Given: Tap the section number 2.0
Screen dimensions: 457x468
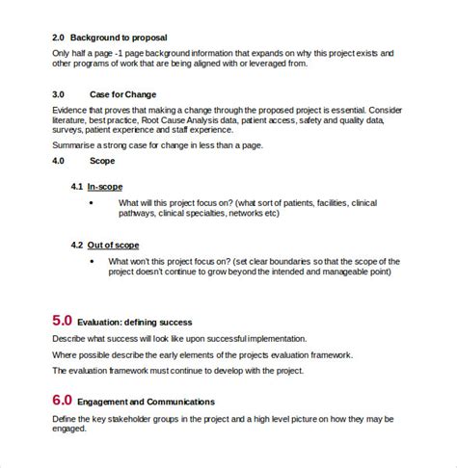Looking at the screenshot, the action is tap(61, 39).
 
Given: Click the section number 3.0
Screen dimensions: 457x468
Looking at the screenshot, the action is tap(61, 94).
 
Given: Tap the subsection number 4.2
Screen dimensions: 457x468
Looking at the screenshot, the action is tap(78, 246).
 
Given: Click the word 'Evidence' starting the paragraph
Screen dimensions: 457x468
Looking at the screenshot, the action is tap(71, 112).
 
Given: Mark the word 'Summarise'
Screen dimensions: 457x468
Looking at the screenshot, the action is tap(76, 145).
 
